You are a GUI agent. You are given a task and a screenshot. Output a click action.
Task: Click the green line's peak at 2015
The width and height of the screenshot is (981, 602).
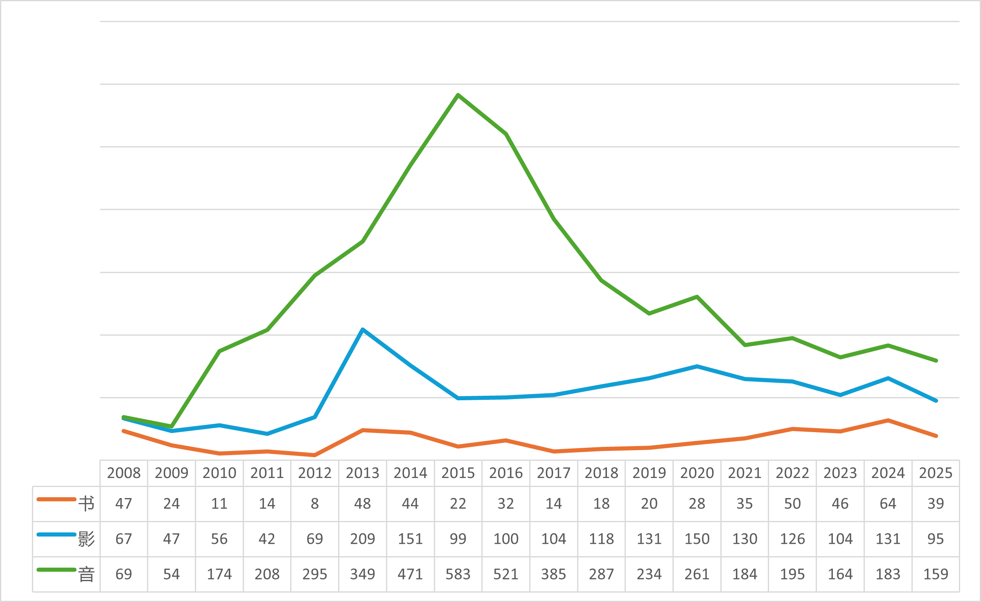(458, 95)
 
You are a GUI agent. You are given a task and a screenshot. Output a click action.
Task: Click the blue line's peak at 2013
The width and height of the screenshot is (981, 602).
(363, 329)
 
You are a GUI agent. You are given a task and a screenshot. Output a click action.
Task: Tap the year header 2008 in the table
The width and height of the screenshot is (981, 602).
(124, 473)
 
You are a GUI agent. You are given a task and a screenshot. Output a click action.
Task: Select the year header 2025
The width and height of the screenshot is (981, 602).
(936, 473)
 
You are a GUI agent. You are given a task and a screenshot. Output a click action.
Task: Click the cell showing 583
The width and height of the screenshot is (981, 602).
(458, 574)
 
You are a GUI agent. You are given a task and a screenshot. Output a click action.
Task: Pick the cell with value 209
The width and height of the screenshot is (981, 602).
(363, 539)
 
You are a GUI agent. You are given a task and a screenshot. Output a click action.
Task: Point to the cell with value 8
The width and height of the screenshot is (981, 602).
(315, 504)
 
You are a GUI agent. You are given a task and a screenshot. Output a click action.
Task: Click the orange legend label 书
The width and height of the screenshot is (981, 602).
(86, 504)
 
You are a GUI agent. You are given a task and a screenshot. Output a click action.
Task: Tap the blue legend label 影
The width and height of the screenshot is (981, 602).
(86, 539)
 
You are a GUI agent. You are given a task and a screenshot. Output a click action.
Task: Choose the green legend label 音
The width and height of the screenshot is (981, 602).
(86, 574)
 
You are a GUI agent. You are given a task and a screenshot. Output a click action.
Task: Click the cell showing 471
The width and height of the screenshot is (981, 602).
(410, 574)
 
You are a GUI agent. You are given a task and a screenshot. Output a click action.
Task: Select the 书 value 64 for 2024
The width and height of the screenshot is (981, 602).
(888, 504)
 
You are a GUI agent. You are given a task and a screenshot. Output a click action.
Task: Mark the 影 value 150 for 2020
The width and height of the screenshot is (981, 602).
(697, 539)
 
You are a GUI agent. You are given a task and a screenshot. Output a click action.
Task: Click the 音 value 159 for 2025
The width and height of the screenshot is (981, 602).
(936, 574)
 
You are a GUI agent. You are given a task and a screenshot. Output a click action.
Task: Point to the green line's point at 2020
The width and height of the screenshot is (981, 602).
(697, 297)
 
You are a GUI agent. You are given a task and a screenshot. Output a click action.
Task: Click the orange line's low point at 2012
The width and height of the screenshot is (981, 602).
(315, 455)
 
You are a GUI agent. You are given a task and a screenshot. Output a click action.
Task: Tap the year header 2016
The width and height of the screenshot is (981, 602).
(506, 473)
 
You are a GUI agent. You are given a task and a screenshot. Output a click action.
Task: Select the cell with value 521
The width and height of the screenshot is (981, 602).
(506, 574)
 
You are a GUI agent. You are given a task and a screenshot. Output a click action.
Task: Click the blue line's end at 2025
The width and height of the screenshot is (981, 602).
(936, 401)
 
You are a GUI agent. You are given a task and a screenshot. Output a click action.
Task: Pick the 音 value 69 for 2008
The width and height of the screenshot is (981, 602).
(124, 574)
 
